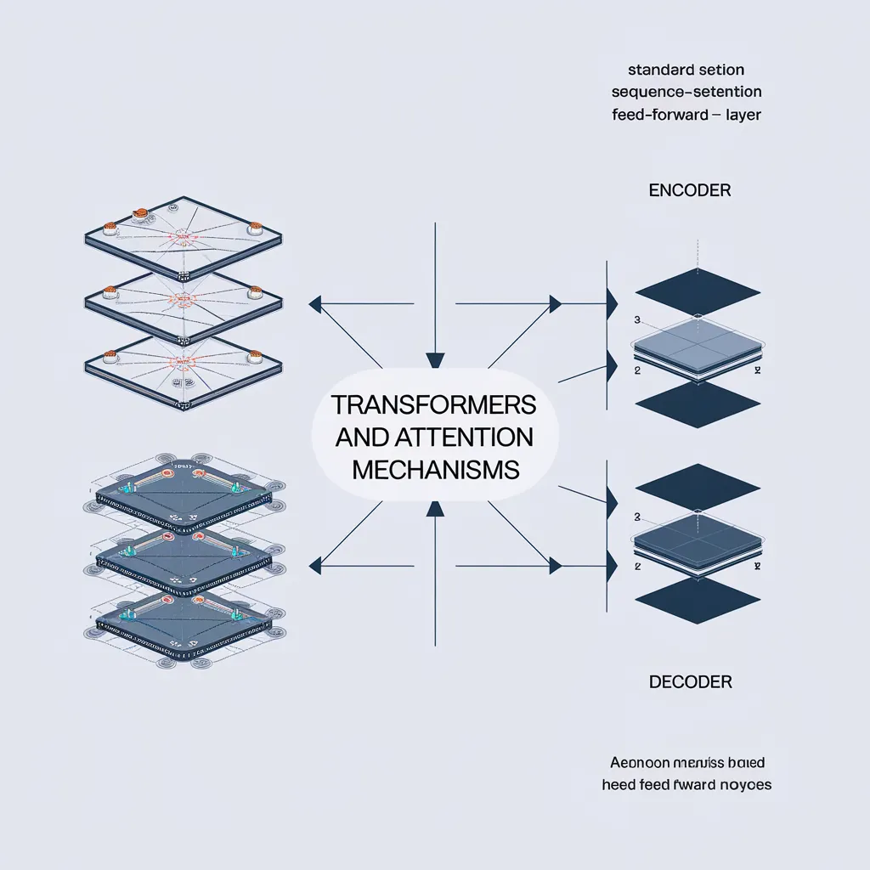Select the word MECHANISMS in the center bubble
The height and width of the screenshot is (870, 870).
pos(434,469)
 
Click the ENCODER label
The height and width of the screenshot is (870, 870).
pos(689,190)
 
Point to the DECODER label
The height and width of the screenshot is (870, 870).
pos(691,681)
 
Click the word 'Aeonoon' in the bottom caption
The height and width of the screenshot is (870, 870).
pos(640,762)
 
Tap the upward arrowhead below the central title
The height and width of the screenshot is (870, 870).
pos(435,508)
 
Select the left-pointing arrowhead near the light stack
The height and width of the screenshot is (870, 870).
pos(314,302)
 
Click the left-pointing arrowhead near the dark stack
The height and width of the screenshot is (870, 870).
pos(314,562)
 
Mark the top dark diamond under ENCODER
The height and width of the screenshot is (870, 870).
pos(698,292)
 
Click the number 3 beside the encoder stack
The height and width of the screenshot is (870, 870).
pos(636,320)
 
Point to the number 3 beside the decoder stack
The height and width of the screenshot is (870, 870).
pos(636,516)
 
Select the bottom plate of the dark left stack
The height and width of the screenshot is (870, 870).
pos(183,625)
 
